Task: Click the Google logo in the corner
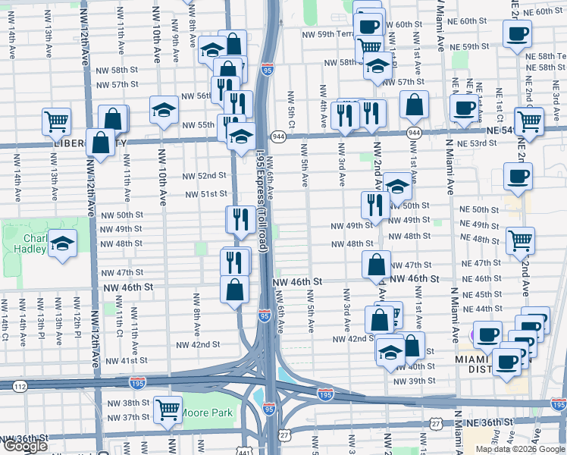(x=25, y=446)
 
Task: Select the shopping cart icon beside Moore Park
(x=168, y=409)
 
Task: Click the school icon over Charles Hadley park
(x=63, y=244)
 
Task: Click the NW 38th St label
(x=124, y=403)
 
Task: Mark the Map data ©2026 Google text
(x=520, y=449)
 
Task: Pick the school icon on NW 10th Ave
(x=163, y=111)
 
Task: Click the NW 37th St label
(x=124, y=418)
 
